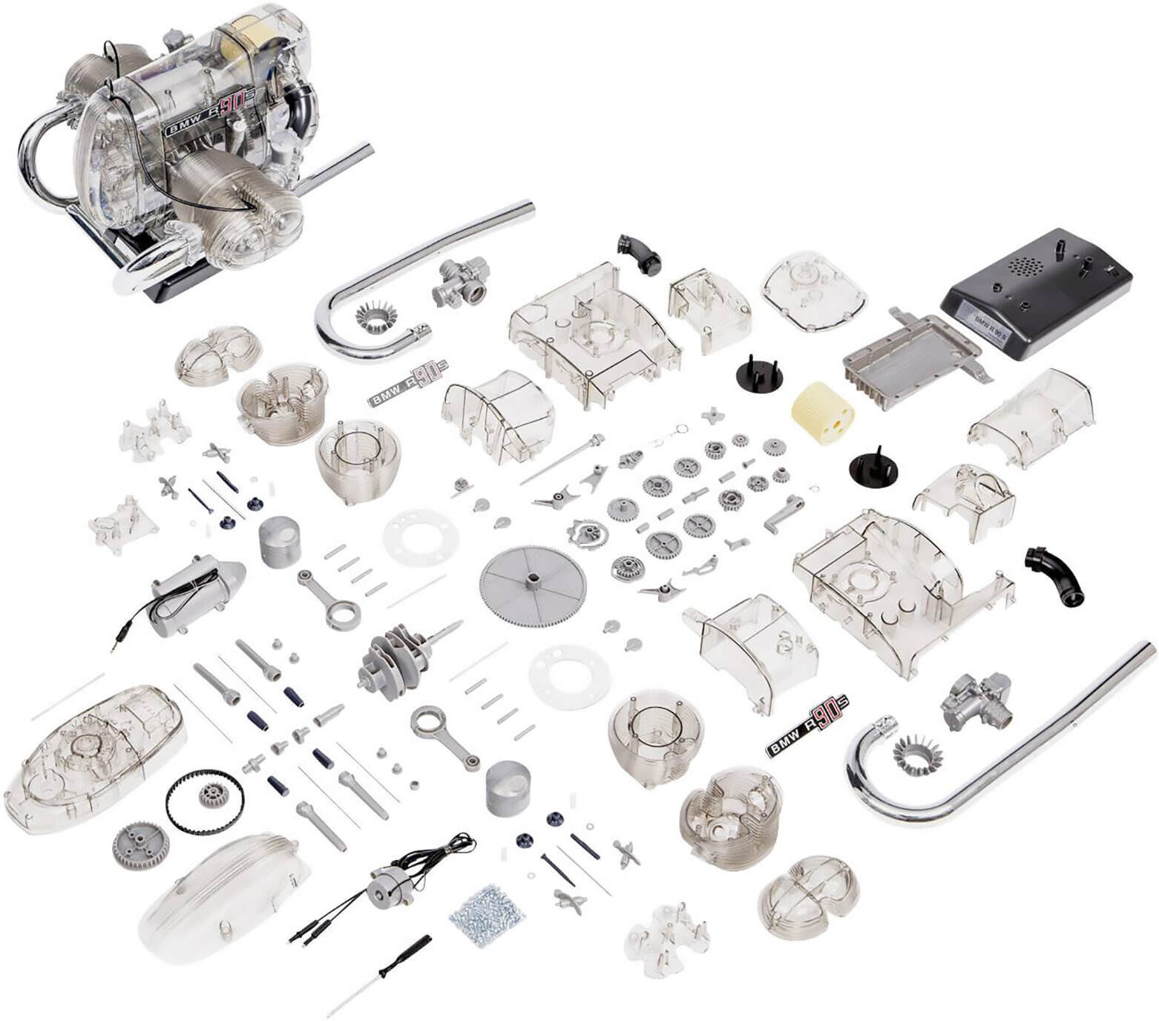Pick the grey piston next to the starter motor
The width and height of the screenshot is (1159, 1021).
click(x=279, y=542)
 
